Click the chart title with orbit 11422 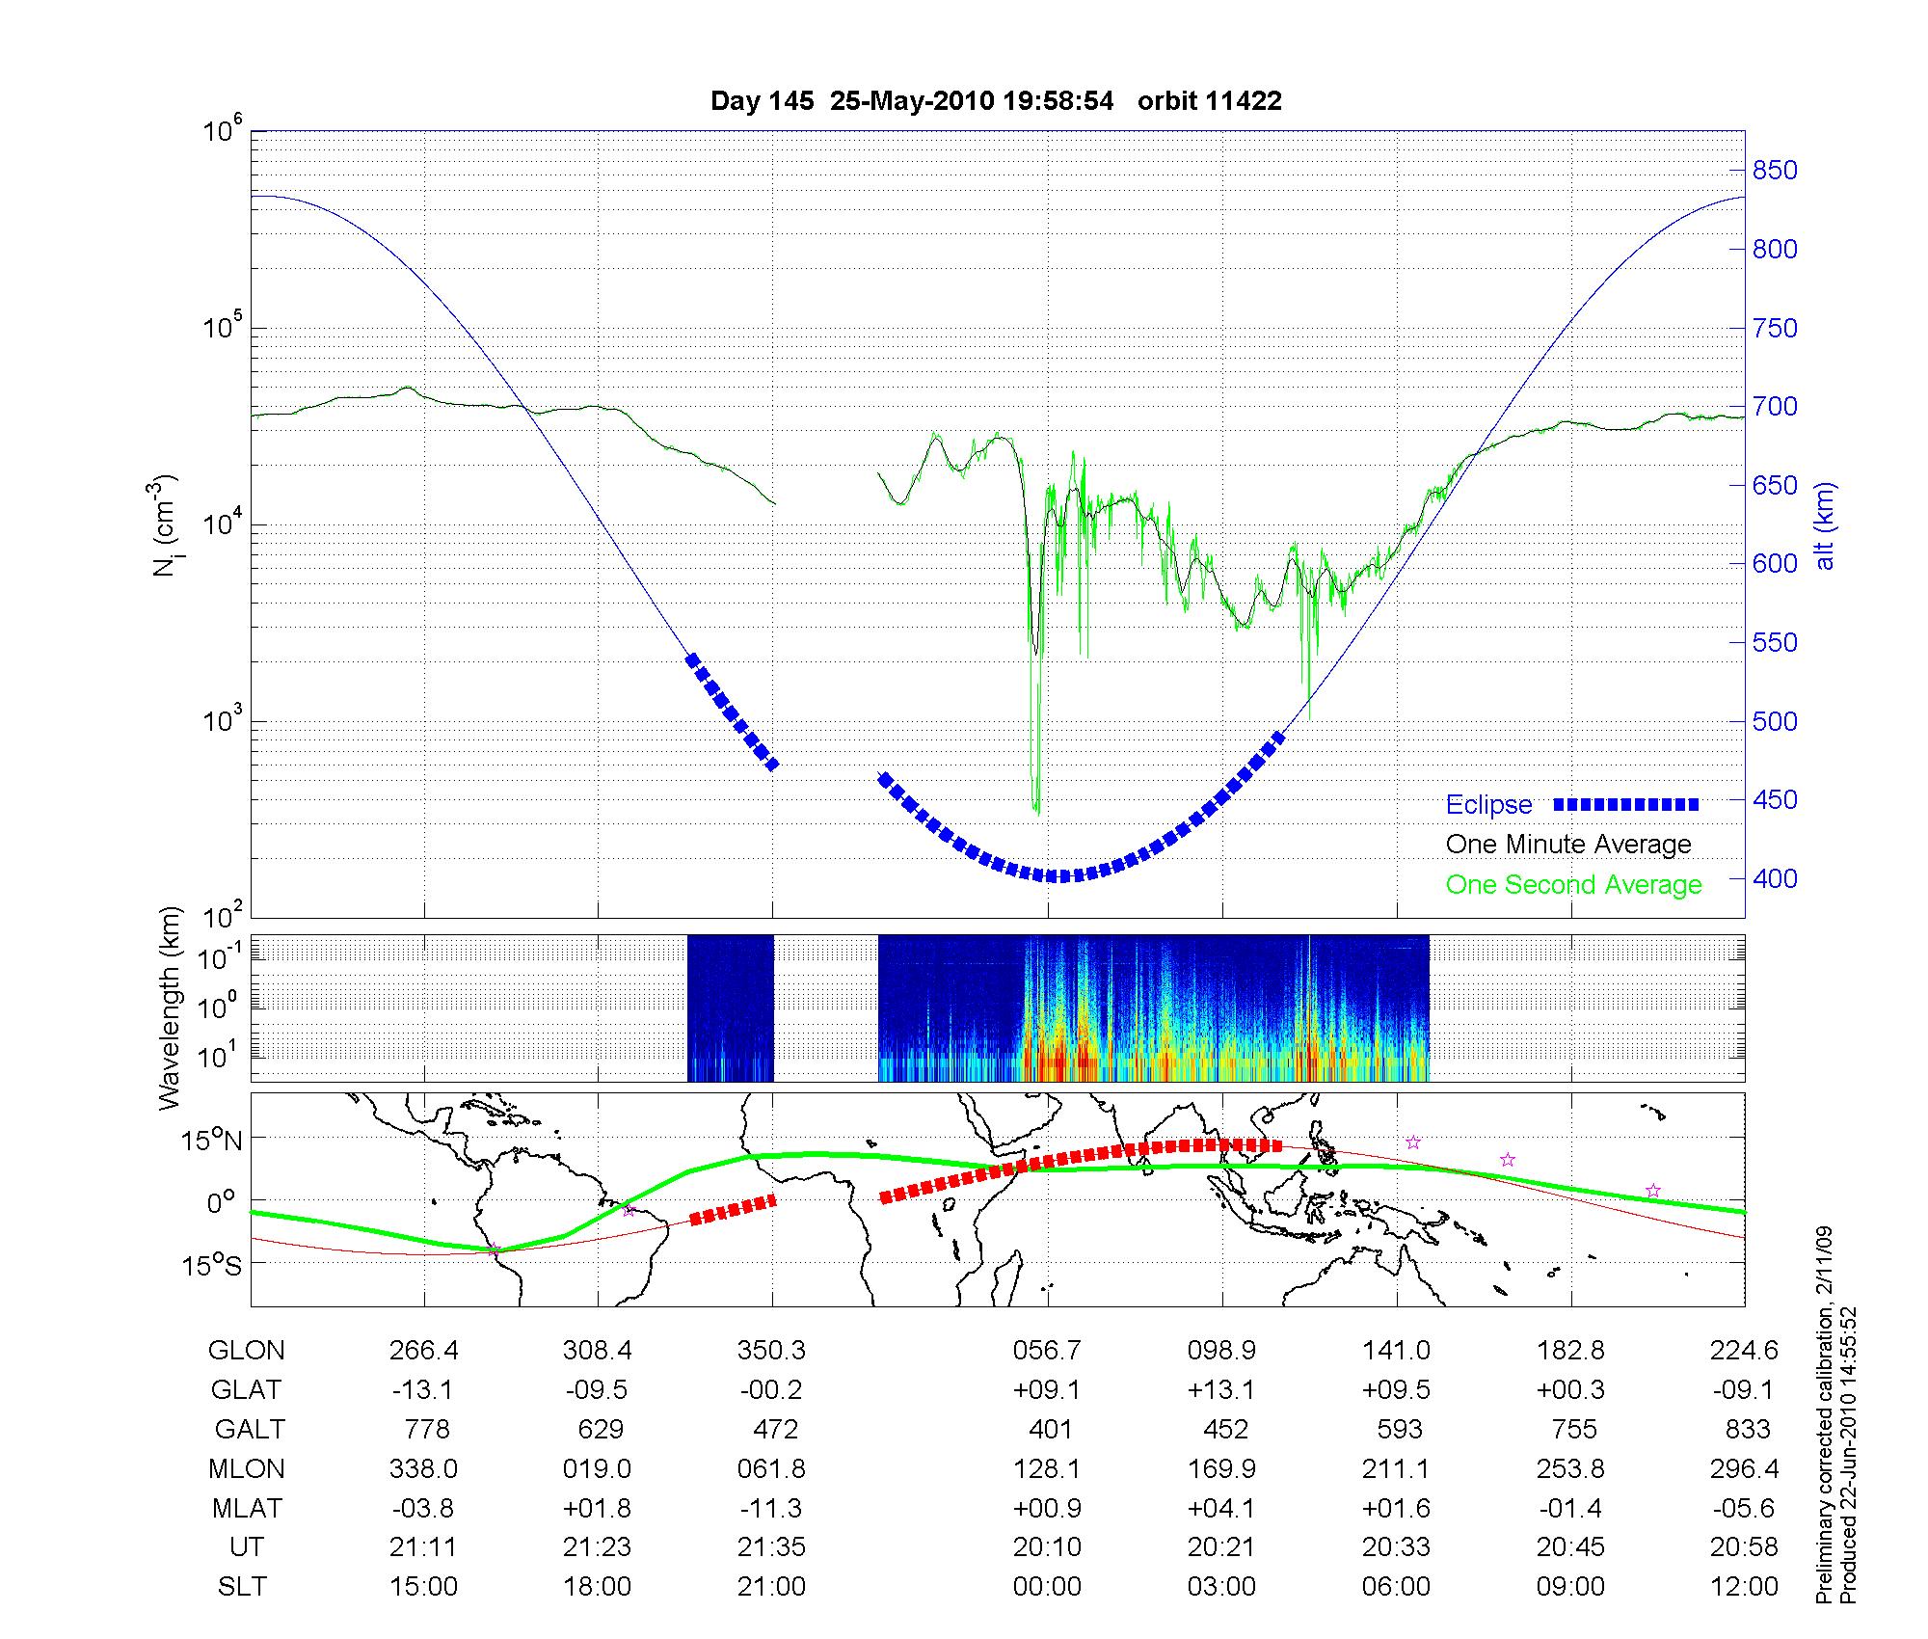(996, 101)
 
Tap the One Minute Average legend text (1568, 845)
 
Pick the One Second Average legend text (1573, 885)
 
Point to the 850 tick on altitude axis (1774, 171)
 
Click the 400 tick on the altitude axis (1774, 878)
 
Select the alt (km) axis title (1825, 525)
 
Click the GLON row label (247, 1351)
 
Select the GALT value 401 (1050, 1429)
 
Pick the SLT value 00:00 (1047, 1586)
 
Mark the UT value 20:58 (1745, 1547)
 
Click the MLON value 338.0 (423, 1468)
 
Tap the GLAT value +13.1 (1221, 1390)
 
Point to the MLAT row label (247, 1508)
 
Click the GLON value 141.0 (1396, 1351)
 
